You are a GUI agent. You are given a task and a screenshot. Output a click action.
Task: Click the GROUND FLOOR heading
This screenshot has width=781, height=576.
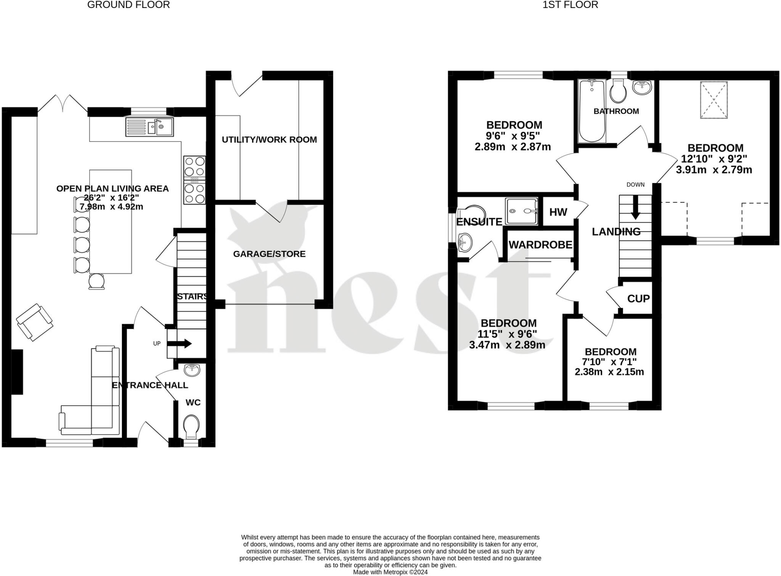(129, 5)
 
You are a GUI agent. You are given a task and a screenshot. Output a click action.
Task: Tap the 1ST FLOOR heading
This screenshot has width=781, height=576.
(570, 5)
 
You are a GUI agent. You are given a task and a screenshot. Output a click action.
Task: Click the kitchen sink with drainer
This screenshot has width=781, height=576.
(149, 127)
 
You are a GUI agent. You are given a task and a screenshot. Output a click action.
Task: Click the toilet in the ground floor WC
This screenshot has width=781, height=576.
(191, 427)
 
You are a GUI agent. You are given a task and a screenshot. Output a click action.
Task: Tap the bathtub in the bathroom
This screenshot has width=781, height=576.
(591, 110)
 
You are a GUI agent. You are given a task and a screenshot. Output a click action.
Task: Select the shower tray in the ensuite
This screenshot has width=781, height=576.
(521, 211)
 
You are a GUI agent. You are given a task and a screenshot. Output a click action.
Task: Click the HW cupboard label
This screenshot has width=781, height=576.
(558, 212)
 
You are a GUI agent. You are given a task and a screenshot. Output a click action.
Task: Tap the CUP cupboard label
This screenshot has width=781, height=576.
(638, 298)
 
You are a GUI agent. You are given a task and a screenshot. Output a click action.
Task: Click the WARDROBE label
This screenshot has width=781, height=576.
(540, 245)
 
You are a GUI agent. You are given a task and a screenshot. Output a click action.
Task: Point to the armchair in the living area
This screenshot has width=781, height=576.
(34, 322)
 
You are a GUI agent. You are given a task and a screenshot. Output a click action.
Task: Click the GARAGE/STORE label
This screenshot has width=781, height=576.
(269, 254)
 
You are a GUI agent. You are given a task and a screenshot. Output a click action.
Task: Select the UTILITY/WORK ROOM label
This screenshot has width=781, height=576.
(269, 140)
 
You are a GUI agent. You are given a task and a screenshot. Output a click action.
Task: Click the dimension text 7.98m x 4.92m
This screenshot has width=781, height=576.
(111, 207)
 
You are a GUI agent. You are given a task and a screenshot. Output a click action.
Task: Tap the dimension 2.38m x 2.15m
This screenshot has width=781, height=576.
(609, 372)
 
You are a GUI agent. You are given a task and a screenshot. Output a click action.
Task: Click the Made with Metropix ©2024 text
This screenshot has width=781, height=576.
(390, 572)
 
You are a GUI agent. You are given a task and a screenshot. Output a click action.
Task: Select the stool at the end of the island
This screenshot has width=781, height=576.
(96, 281)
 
